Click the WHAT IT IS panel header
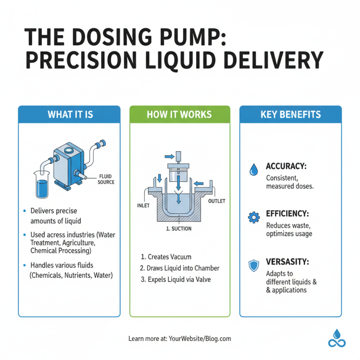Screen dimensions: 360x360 pos(70,114)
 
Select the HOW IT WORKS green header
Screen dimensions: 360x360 pos(180,114)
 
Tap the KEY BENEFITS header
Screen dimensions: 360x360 pos(291,114)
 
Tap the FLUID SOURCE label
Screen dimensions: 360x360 pos(106,180)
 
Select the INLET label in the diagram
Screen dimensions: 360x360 pos(143,206)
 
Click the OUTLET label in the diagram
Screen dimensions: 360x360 pos(216,201)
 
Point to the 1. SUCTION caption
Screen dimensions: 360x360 pos(179,229)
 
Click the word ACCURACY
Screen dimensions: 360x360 pos(286,166)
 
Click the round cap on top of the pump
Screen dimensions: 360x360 pos(68,150)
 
